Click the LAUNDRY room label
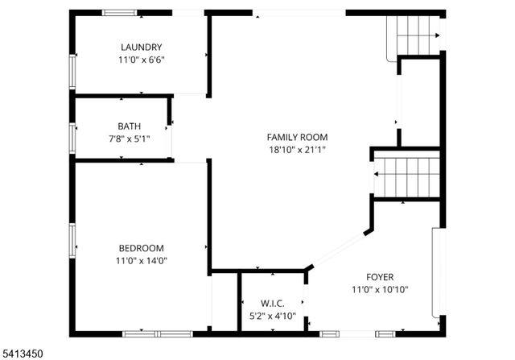coord(141,48)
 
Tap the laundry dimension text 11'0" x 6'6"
coord(141,60)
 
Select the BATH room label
coord(128,126)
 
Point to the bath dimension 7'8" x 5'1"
coord(128,139)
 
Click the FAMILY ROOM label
coord(297,137)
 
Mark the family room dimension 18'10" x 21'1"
coord(297,150)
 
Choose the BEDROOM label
coord(141,248)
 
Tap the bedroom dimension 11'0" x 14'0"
coord(141,260)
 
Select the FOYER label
coord(380,276)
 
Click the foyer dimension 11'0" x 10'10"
coord(380,289)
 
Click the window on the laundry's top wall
coord(118,13)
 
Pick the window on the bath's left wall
coord(72,137)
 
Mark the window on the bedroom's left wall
coord(72,240)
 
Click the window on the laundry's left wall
coord(72,72)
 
